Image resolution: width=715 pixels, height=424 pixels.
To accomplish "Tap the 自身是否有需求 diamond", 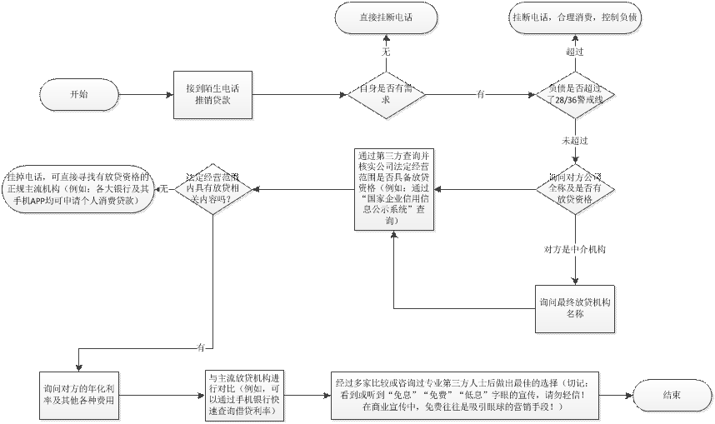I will (386, 94).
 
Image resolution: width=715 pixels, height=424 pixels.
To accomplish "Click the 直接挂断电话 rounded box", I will (386, 17).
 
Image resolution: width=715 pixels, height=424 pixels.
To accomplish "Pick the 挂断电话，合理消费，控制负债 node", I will (576, 17).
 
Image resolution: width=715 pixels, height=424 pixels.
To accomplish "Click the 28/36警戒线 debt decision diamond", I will (575, 94).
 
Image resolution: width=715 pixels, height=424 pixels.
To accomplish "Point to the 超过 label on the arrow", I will (574, 52).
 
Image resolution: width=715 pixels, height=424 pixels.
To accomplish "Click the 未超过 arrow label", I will (575, 141).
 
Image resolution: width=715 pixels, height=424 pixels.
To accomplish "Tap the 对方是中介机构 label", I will (575, 248).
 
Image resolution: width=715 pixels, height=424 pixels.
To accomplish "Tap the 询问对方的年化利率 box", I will (79, 394).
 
